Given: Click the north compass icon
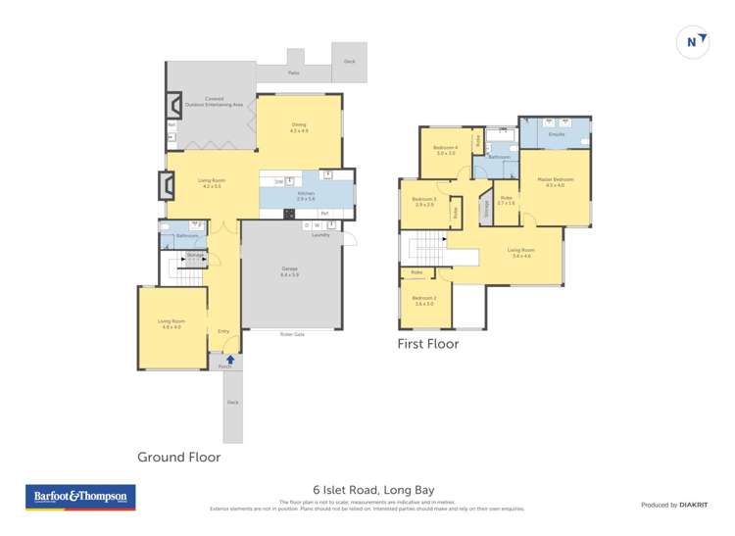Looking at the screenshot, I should [x=692, y=41].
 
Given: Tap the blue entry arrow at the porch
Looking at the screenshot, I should [x=231, y=360].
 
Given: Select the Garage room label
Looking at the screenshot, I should [x=289, y=271].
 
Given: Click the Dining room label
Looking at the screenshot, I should [x=299, y=127].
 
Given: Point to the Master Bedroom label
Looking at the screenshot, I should [x=555, y=182].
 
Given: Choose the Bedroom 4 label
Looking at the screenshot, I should [x=446, y=150].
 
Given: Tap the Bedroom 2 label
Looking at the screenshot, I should [x=423, y=301].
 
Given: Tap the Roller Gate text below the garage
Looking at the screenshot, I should [x=291, y=334].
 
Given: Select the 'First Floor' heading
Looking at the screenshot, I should [x=427, y=344].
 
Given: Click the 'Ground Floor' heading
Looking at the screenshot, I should [x=178, y=457].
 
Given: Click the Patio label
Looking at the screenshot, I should [x=293, y=73].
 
